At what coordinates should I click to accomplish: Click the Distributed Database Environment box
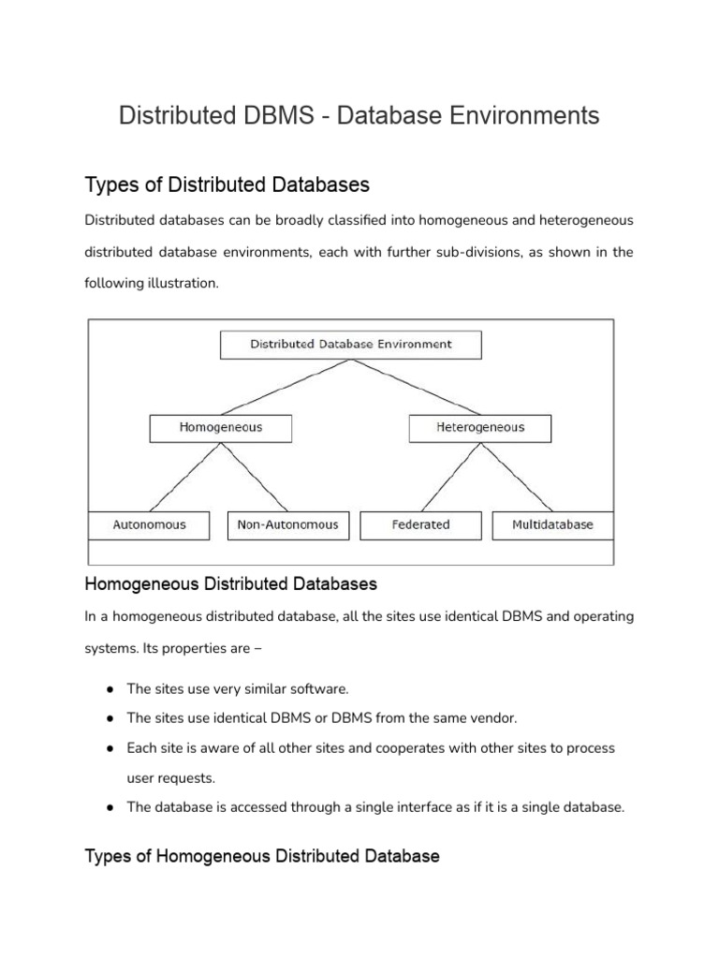350,345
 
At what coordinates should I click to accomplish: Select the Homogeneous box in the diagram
220,428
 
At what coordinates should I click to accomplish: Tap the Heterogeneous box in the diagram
480,428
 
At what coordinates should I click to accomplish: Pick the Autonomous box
149,525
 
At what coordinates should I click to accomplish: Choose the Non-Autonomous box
287,525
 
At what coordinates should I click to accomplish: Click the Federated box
420,525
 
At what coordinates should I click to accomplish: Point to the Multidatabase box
552,525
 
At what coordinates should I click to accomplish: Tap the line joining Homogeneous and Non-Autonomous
254,477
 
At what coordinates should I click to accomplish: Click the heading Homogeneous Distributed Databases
230,584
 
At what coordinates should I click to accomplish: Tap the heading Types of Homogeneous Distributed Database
261,856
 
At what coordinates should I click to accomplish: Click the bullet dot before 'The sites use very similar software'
110,689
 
